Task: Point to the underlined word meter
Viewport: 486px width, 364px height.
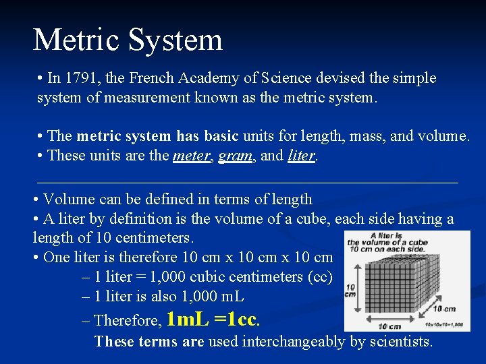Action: click(191, 156)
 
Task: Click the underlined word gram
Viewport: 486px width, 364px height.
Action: click(235, 156)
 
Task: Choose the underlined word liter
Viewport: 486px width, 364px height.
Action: click(302, 156)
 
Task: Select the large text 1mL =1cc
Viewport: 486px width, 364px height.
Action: click(213, 319)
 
